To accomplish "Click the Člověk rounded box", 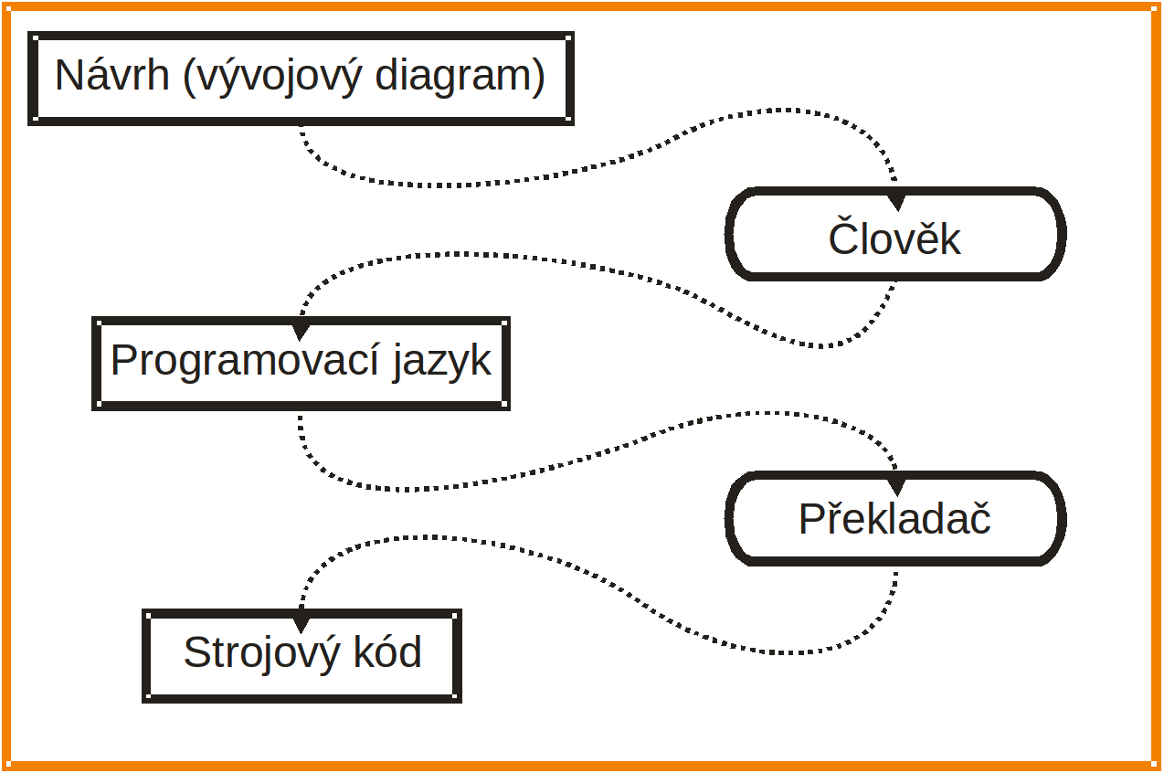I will click(895, 234).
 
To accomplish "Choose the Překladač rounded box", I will click(895, 519).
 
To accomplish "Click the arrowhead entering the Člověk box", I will click(896, 200).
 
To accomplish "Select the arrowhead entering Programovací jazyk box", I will click(301, 330).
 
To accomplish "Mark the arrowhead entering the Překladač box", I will click(896, 485).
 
